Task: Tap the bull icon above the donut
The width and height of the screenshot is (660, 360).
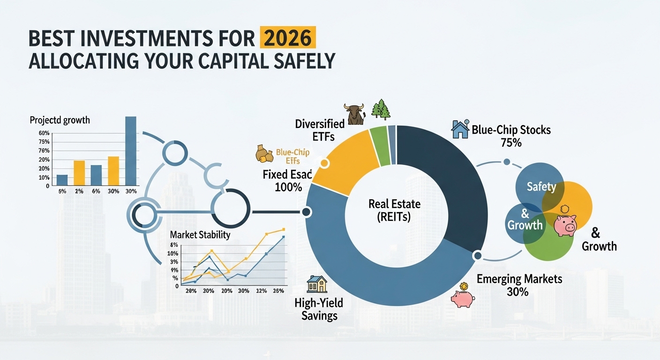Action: coord(354,114)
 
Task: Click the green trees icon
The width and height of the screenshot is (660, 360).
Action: coord(381,110)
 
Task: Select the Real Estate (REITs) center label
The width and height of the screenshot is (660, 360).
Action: coord(394,210)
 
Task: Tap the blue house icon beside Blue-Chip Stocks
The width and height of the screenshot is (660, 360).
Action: coord(460,129)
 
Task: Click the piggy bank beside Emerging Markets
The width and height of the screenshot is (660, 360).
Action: coord(463,298)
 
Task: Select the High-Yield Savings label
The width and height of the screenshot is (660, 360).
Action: coord(316,309)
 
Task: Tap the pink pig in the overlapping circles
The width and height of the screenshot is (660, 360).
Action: coord(565,225)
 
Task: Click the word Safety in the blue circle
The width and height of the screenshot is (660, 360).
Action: coord(541,187)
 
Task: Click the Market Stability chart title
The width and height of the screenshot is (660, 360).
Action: coord(200,234)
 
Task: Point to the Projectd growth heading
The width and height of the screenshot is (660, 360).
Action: coord(60,120)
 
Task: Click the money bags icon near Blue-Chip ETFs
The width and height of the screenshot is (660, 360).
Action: coord(264,153)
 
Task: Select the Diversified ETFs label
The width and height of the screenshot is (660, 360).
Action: coord(320,130)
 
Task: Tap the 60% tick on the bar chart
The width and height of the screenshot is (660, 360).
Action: coord(44,133)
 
